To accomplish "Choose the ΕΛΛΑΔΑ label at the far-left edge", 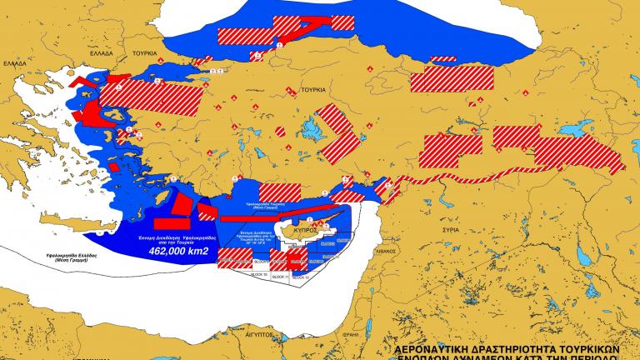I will pyautogui.click(x=14, y=62).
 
